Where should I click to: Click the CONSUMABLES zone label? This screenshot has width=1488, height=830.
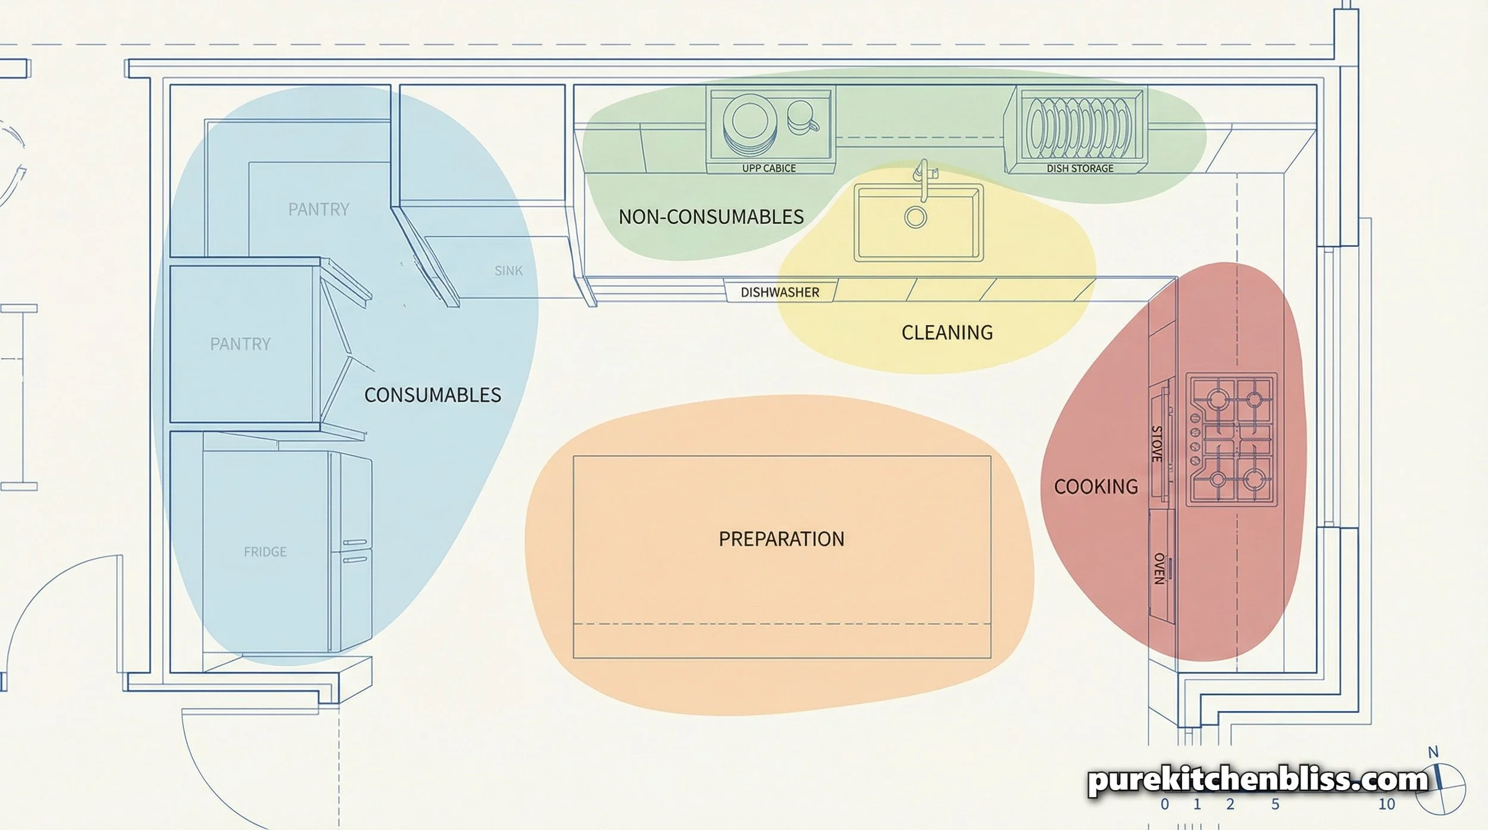coord(432,395)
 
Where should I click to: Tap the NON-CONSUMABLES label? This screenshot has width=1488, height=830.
coord(711,217)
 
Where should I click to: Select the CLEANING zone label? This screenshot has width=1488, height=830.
coord(947,333)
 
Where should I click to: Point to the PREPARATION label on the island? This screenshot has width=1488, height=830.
coord(781,539)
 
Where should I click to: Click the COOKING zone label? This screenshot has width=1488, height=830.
coord(1096,487)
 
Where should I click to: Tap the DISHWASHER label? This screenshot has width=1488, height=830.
coord(780,293)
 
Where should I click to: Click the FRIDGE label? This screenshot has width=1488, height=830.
coord(265,552)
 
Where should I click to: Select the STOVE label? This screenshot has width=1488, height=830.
coord(1156,444)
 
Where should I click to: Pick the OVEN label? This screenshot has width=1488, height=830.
coord(1159,569)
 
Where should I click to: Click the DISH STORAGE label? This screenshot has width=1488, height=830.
coord(1080,168)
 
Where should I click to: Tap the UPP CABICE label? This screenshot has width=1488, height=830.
coord(768,168)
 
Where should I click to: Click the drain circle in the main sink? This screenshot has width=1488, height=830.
coord(915,217)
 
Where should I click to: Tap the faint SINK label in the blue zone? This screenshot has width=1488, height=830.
coord(508,271)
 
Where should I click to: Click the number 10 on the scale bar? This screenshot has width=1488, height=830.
coord(1386,804)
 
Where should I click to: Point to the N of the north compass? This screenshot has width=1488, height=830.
coord(1433,753)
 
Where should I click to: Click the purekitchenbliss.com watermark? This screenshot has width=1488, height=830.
coord(1258,779)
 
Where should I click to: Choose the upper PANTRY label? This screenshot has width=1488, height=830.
coord(318,209)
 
